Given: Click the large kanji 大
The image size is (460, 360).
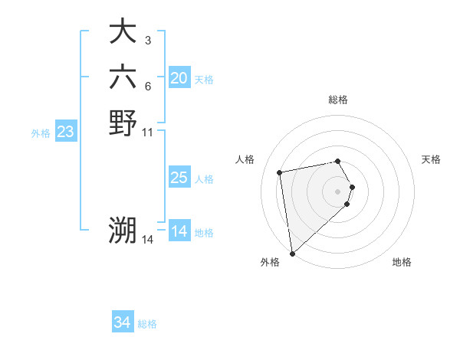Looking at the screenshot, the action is [123, 32].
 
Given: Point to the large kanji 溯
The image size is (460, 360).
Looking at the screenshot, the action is [123, 230].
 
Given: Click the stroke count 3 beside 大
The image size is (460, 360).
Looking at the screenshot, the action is [147, 41].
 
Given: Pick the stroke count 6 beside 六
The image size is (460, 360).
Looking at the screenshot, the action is [147, 85].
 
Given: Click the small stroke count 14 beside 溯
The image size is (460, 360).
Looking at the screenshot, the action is [148, 239].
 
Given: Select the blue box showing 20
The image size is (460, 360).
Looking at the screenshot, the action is [179, 78].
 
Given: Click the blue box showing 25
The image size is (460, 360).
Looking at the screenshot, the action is [179, 178].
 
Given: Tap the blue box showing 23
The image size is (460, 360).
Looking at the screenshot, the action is [65, 132].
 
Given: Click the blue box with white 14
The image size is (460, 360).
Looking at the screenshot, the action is [179, 231].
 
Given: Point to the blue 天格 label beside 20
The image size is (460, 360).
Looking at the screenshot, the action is [204, 80].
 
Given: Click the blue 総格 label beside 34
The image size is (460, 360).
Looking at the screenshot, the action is [147, 324].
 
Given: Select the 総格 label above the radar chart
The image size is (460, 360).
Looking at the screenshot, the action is [337, 100].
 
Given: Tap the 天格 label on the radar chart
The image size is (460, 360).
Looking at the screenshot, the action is [431, 159].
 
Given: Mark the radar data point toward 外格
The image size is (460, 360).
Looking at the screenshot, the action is [292, 254].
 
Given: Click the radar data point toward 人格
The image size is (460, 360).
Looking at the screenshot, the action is [280, 172].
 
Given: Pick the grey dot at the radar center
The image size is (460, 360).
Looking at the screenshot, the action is [338, 191].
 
